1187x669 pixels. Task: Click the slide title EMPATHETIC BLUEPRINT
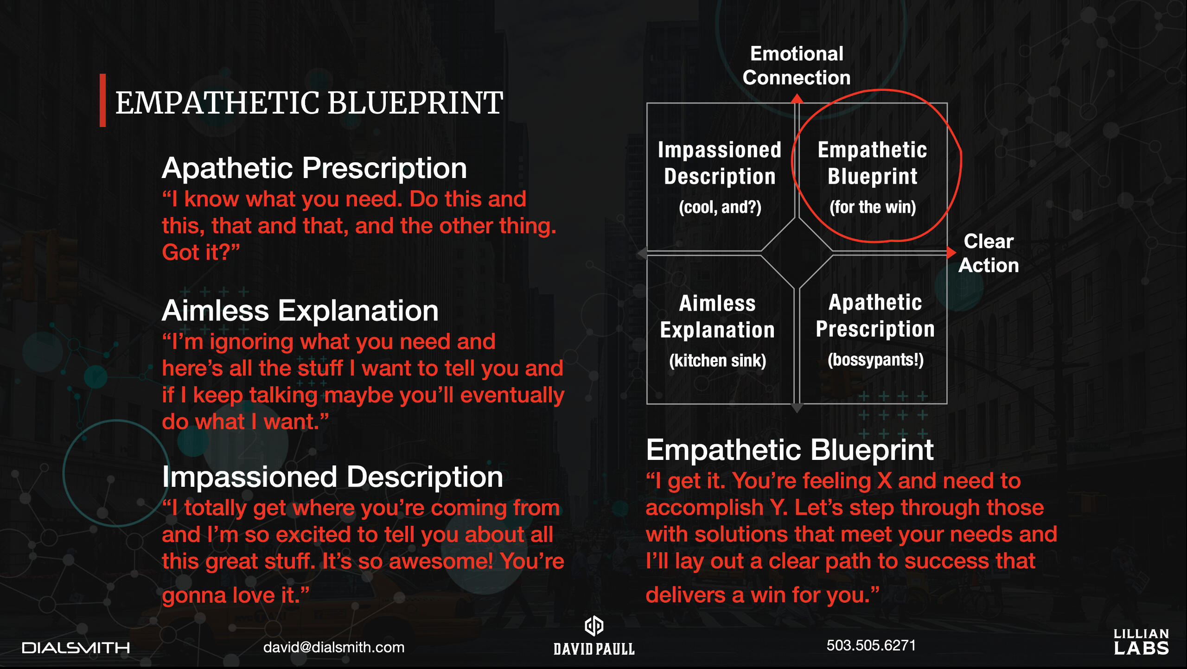point(309,102)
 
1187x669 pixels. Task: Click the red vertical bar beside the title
point(102,100)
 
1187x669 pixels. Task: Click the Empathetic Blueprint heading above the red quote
point(790,450)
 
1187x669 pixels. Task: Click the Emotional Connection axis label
point(797,65)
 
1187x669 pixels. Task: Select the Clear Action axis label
point(989,253)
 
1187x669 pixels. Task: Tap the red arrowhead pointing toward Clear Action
point(951,253)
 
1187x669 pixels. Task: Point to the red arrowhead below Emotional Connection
point(797,98)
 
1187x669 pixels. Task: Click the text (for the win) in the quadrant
point(873,207)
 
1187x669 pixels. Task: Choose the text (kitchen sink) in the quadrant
point(717,361)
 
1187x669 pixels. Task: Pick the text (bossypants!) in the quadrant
point(875,360)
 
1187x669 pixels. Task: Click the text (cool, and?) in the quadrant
point(720,207)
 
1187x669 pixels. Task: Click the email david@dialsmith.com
point(334,647)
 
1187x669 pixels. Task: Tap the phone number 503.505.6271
point(871,645)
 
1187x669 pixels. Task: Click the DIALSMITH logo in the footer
point(76,648)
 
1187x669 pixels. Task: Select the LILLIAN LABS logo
point(1141,642)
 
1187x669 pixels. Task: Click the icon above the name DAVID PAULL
point(594,626)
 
